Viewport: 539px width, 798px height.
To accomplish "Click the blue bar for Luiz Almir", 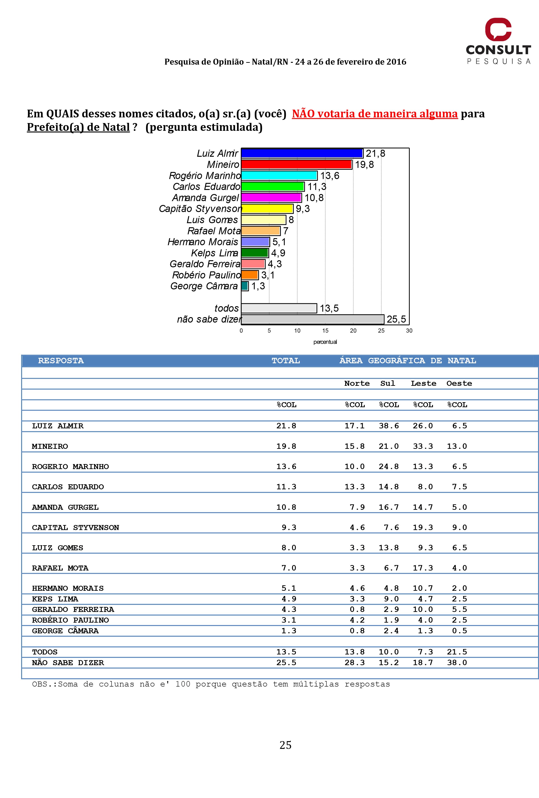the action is (302, 153).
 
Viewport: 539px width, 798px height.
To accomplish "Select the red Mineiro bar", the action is (296, 164).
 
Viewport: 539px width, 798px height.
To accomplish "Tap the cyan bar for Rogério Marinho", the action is (279, 175).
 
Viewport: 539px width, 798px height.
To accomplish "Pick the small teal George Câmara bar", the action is (244, 286).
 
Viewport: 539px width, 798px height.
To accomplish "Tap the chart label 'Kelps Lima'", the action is (214, 253).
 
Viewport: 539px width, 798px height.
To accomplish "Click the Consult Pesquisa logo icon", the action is (498, 29).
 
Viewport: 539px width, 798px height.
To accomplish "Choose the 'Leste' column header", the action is (423, 383).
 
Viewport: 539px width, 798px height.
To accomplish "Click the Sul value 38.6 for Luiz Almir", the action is (389, 426).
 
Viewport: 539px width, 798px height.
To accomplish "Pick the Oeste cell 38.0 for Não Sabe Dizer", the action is (457, 662).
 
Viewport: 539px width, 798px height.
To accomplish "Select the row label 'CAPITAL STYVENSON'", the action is (76, 528).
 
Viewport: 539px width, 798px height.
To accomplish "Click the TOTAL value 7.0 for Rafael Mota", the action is (289, 568).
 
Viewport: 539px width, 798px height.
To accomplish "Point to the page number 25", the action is (285, 745).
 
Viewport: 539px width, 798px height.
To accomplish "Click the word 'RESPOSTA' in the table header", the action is (61, 361).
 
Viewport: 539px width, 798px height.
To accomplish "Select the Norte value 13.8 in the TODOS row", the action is (355, 652).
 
